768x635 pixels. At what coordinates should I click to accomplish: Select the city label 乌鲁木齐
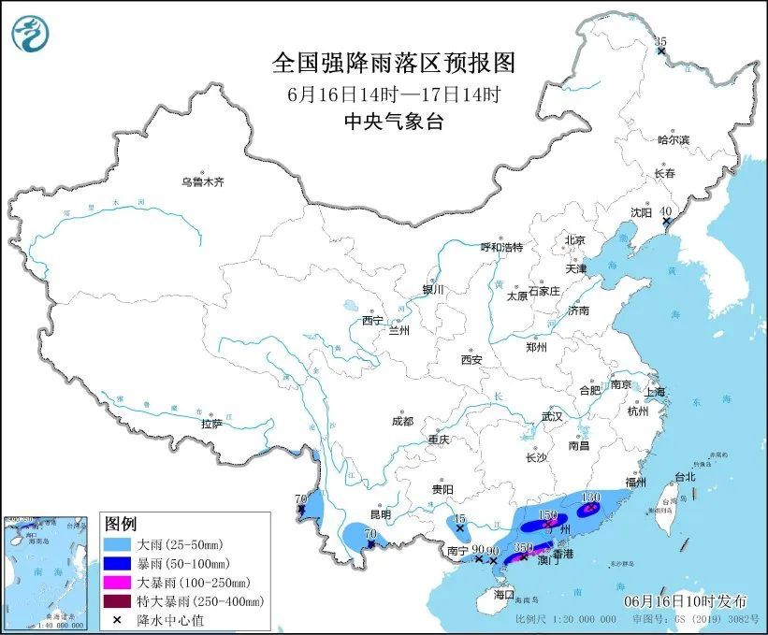tap(202, 181)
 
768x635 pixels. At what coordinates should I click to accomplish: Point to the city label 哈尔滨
tap(673, 139)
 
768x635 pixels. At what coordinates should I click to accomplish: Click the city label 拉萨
tap(211, 424)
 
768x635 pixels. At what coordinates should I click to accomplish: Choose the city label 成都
tap(403, 421)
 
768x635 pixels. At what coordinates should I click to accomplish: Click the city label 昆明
tap(381, 514)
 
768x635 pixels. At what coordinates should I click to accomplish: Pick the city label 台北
tap(685, 476)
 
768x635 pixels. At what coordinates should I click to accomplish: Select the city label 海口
tap(504, 594)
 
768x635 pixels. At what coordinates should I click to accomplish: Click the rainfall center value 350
tap(523, 546)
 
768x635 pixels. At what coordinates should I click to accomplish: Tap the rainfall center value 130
tap(590, 498)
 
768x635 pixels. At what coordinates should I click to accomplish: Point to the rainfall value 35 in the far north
tap(660, 41)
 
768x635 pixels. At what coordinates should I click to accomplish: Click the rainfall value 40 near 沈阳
tap(666, 211)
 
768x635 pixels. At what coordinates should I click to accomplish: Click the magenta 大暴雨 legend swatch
tap(117, 582)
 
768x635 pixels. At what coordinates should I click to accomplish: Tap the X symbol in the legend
tap(117, 619)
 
